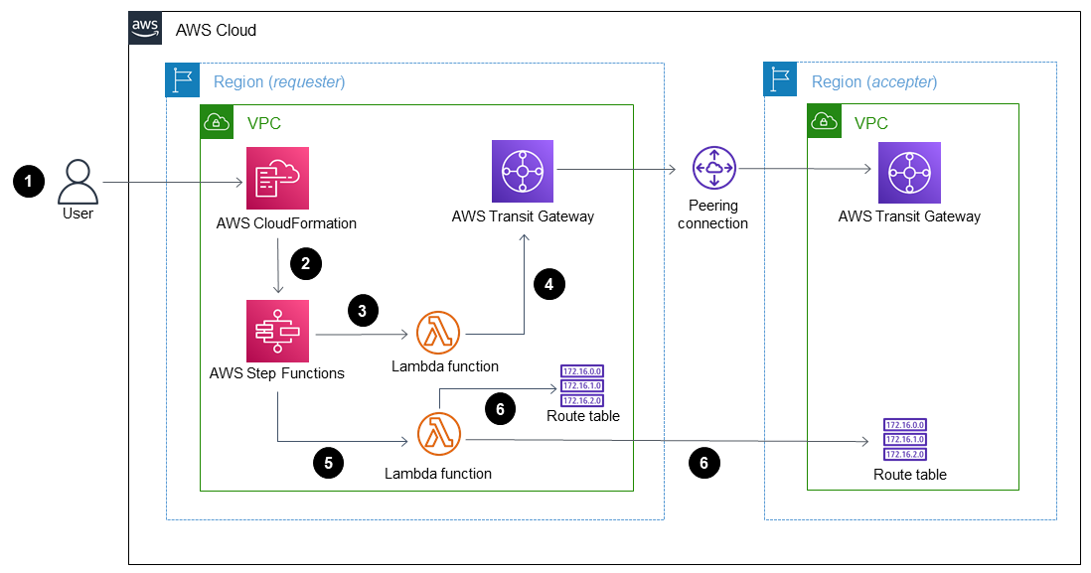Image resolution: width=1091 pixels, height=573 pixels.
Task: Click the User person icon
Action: tap(78, 182)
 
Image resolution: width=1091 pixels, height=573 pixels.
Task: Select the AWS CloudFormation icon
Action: tap(277, 178)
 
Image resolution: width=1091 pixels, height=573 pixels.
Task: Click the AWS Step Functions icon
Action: tap(277, 331)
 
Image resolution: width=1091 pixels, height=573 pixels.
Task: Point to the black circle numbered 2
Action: tap(306, 263)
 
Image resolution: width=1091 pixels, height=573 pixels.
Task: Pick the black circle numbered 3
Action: tap(363, 311)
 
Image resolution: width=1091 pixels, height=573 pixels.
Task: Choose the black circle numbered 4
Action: tap(548, 284)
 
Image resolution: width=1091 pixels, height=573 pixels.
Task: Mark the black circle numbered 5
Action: tap(328, 462)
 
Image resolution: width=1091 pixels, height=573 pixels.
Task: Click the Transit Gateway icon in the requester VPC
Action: tap(523, 171)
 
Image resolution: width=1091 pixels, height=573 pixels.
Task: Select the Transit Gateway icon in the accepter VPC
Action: tap(909, 172)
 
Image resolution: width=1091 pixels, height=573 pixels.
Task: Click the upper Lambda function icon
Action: tap(439, 333)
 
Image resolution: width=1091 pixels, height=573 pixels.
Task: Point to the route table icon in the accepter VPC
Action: tap(905, 440)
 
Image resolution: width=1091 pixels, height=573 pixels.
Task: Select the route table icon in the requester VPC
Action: tap(582, 386)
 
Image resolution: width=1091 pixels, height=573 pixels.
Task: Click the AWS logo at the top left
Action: tap(146, 29)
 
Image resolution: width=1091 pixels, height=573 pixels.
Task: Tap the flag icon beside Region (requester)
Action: tap(183, 80)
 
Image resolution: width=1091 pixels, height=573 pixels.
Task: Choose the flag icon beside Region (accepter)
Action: tap(780, 80)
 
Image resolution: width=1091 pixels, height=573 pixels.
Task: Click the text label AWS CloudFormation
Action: tap(286, 222)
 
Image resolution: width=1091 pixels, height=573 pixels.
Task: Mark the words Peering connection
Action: tap(712, 215)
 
